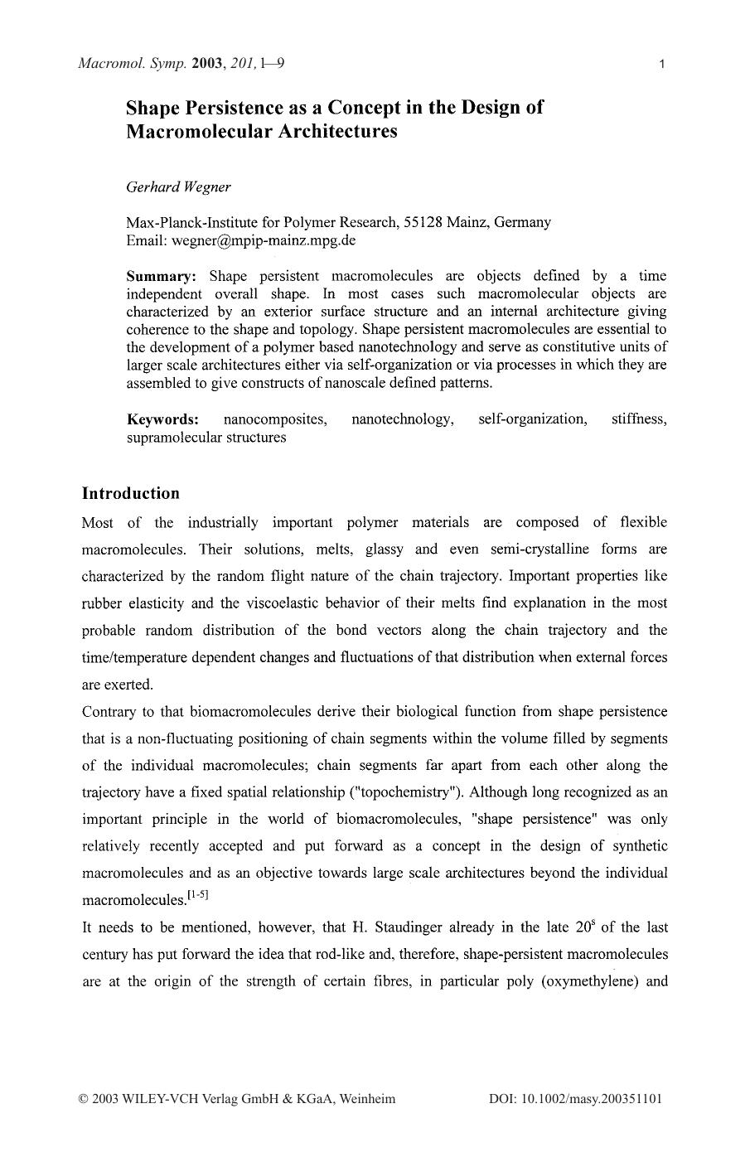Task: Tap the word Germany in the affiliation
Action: tap(522, 222)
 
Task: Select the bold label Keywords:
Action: tap(162, 419)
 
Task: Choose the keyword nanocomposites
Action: tap(275, 419)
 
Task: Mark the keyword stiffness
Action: tap(638, 419)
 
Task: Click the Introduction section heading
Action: tap(130, 493)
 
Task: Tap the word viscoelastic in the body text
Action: tap(283, 603)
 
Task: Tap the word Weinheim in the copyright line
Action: tap(366, 1099)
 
